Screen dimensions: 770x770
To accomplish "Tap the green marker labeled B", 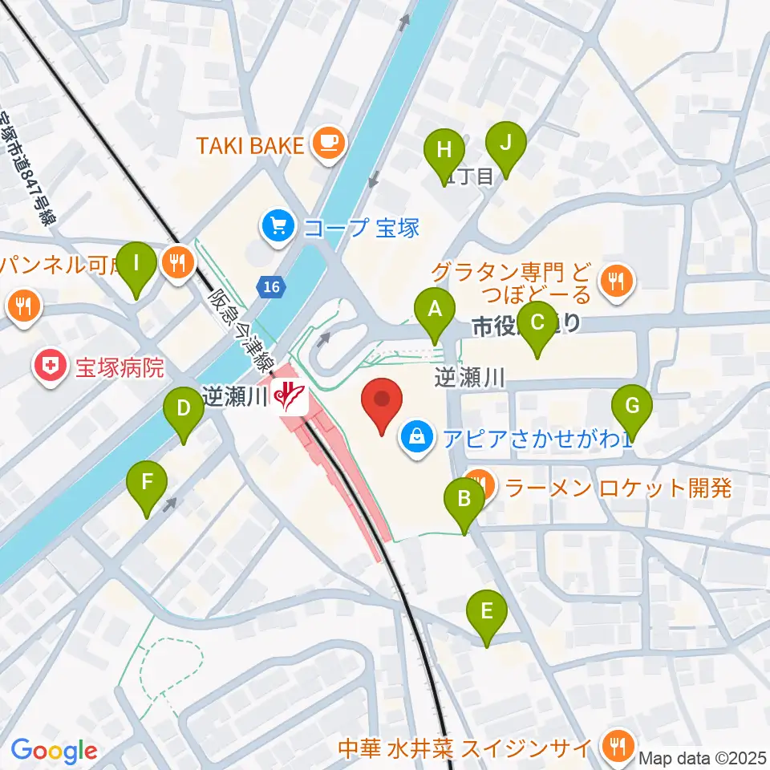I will point(464,500).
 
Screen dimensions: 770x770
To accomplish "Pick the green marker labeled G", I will point(632,406).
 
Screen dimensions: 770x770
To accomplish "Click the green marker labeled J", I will point(506,143).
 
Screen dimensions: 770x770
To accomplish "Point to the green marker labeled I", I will point(136,263).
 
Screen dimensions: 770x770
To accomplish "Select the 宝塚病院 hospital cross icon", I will point(50,368).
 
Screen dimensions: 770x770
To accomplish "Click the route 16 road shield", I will point(271,287).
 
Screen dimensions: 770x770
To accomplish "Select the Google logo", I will point(55,752).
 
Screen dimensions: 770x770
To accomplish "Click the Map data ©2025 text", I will point(702,757).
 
